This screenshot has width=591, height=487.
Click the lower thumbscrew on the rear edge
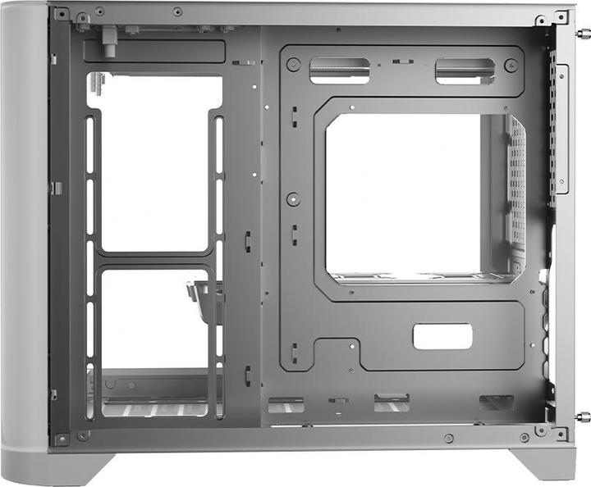584,416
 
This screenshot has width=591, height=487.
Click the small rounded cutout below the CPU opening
442,336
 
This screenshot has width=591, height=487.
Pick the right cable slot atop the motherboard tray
465,71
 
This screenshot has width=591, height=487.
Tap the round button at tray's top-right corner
511,66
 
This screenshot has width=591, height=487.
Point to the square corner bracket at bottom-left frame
62,439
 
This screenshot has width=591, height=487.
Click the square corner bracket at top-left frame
62,14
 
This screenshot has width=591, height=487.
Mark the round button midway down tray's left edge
293,198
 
